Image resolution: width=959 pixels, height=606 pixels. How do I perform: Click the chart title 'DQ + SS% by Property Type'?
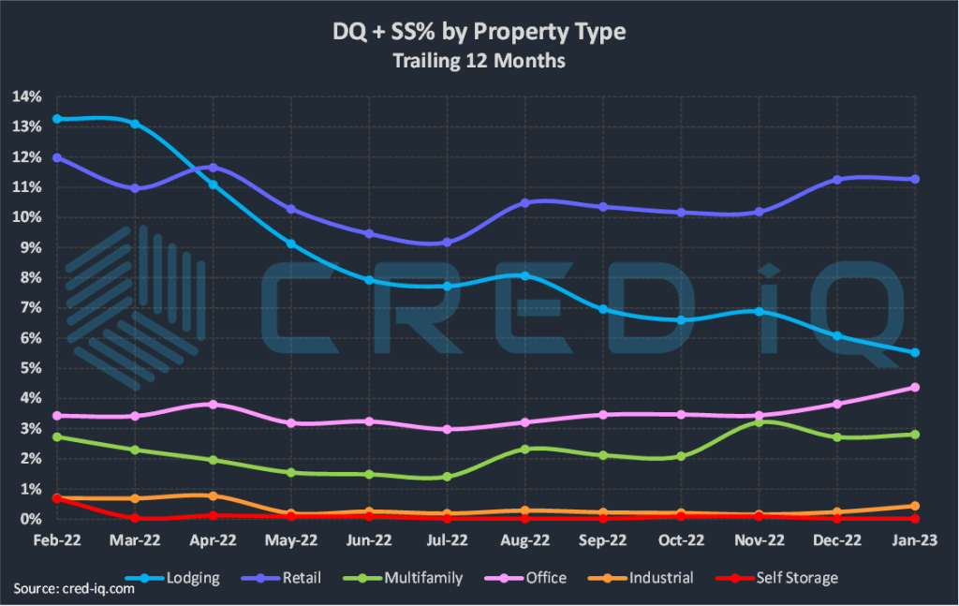(x=479, y=33)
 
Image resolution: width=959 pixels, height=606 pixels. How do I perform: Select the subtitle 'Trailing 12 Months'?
(x=479, y=62)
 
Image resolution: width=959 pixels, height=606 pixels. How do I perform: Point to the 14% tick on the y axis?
(x=27, y=96)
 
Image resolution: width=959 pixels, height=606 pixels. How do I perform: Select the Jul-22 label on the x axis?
(x=447, y=540)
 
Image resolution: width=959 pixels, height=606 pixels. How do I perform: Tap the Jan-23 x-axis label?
(x=915, y=540)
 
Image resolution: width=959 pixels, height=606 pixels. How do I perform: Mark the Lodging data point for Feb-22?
(x=57, y=119)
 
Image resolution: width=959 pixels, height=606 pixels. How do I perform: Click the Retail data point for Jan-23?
(x=915, y=179)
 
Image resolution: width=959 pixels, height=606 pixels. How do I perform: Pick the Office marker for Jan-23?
(x=915, y=387)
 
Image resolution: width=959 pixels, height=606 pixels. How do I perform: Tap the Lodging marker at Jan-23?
(x=915, y=352)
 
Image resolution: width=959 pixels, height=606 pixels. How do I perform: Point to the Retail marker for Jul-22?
(x=447, y=242)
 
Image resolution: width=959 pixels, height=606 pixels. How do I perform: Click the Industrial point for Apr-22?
(x=214, y=495)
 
